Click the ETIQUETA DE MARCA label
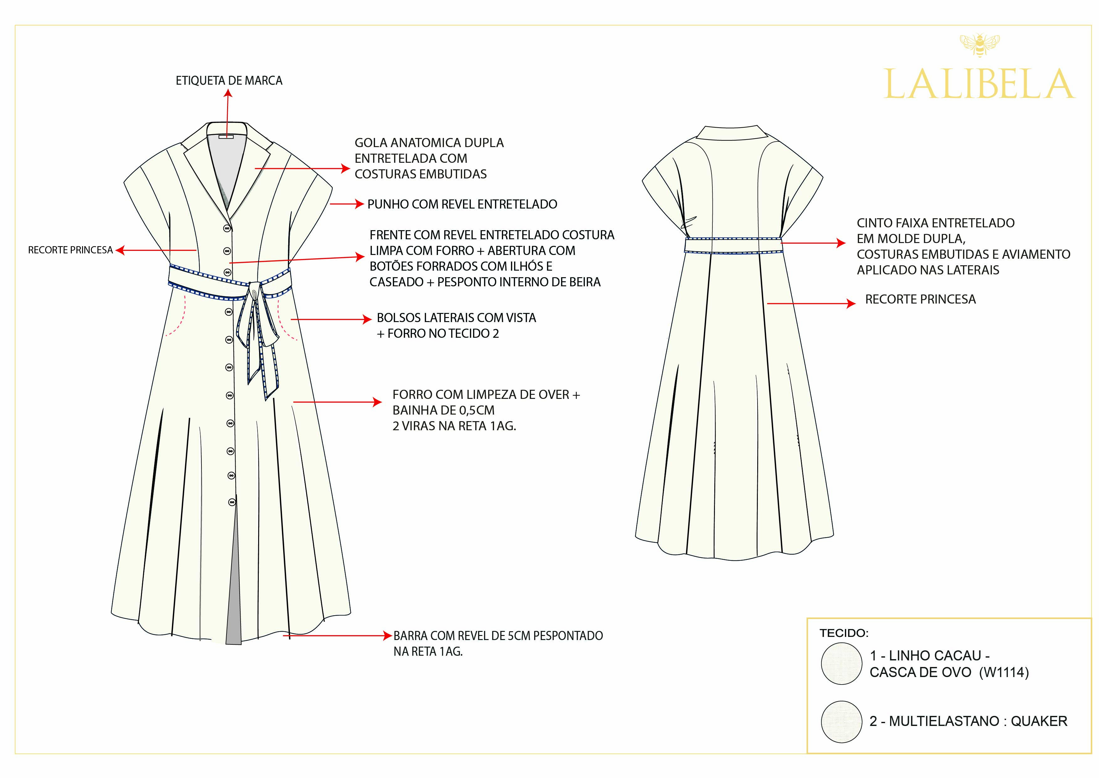point(229,81)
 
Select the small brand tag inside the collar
point(226,137)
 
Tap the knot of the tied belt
point(255,291)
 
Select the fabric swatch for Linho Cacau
point(841,664)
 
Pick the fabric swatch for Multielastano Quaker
point(841,722)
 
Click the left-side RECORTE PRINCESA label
point(70,250)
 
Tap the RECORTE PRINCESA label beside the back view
point(920,299)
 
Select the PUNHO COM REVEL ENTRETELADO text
point(462,204)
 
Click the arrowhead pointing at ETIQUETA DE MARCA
point(228,93)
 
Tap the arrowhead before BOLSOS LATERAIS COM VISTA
point(367,319)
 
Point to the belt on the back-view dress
point(733,245)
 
